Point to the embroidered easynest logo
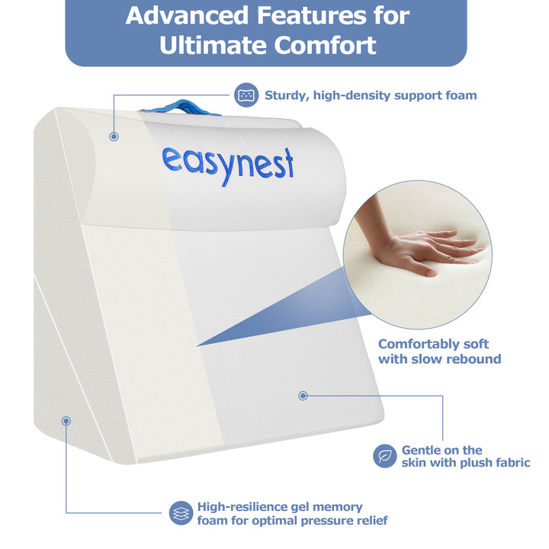tap(227, 162)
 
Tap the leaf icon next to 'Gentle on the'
tap(384, 456)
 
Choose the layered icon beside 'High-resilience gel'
tap(181, 512)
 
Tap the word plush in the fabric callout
tap(465, 462)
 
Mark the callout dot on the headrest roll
tap(114, 136)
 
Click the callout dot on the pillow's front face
tap(303, 396)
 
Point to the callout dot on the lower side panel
tap(66, 420)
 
